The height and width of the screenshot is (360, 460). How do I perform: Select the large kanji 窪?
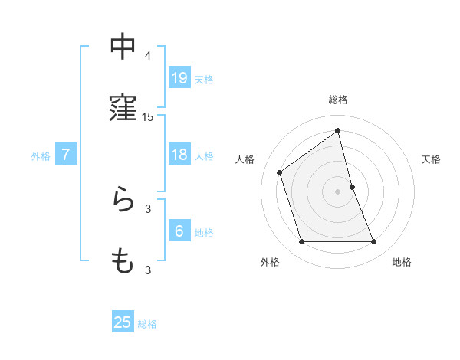(123, 109)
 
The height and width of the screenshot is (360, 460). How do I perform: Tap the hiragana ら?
(123, 201)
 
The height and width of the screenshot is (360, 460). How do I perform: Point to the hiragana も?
(123, 261)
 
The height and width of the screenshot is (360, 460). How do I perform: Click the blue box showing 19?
(179, 77)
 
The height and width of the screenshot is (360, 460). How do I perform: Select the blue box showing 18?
(179, 155)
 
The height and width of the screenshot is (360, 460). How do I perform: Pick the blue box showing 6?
(179, 231)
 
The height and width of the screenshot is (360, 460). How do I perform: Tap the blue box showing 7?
(66, 155)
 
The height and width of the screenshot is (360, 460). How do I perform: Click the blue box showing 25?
(123, 322)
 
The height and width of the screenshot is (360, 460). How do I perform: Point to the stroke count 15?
(148, 117)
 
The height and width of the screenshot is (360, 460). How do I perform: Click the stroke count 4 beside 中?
(148, 56)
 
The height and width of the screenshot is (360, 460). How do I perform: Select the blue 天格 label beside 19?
(204, 79)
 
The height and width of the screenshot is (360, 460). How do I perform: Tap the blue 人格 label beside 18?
(204, 156)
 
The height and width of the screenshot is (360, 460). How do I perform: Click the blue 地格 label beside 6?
(204, 233)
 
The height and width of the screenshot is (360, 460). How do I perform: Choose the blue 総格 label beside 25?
(147, 324)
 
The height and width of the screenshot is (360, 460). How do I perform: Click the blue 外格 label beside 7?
(41, 156)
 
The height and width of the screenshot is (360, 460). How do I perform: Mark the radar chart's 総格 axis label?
(338, 100)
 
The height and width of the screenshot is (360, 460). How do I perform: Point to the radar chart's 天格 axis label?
(432, 159)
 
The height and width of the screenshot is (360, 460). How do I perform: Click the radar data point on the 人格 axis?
(280, 172)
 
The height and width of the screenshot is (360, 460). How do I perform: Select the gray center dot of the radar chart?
(338, 191)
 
